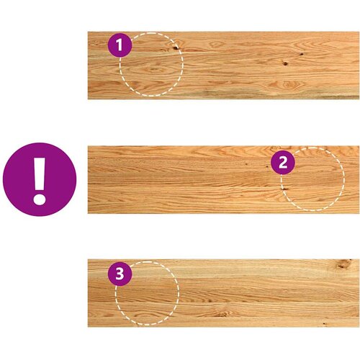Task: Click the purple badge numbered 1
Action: pos(120,45)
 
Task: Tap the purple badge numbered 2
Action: pos(283,163)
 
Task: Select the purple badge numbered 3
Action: pos(120,274)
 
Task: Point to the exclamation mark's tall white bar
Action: pos(40,174)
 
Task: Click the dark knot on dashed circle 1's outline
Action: pos(176,48)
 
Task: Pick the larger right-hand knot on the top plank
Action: pos(285,63)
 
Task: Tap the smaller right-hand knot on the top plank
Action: pos(302,54)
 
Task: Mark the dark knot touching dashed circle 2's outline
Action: pos(284,189)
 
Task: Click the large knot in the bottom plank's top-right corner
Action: pos(343,264)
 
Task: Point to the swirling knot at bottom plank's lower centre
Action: pos(221,314)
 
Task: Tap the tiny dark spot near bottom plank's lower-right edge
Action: pos(324,324)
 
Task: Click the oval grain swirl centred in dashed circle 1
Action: pos(153,70)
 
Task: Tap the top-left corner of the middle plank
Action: pos(88,146)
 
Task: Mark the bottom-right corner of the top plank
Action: pos(359,99)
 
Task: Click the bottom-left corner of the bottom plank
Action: pos(88,327)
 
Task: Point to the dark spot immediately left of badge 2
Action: pos(267,166)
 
